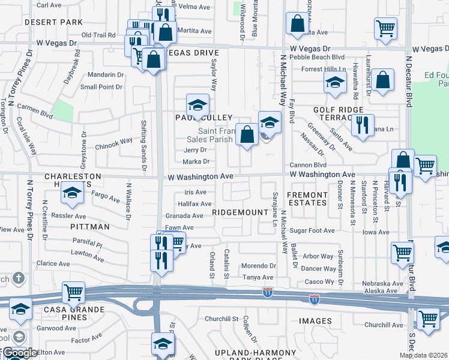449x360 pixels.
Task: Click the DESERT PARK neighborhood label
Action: tap(53, 22)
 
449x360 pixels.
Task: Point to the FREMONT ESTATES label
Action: tap(307, 199)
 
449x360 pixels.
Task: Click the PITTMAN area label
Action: tap(90, 227)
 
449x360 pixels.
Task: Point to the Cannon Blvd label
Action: tap(307, 165)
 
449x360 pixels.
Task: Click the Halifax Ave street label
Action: tap(194, 204)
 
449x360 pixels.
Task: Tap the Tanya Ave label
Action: tap(258, 277)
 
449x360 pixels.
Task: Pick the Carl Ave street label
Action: tap(49, 5)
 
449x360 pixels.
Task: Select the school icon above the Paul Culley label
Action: tap(197, 105)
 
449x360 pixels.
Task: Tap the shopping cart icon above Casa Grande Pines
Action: tap(73, 292)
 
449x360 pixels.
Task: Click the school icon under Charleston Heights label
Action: tap(72, 193)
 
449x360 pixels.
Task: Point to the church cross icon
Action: tap(19, 278)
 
